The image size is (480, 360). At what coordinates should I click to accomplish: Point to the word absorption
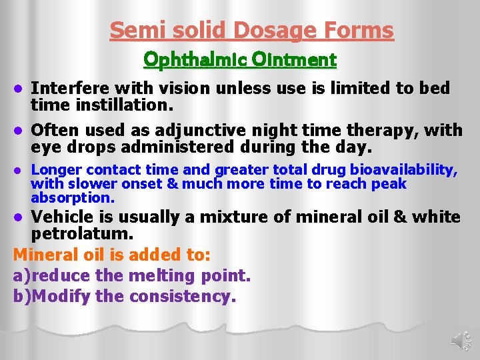pyautogui.click(x=73, y=198)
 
